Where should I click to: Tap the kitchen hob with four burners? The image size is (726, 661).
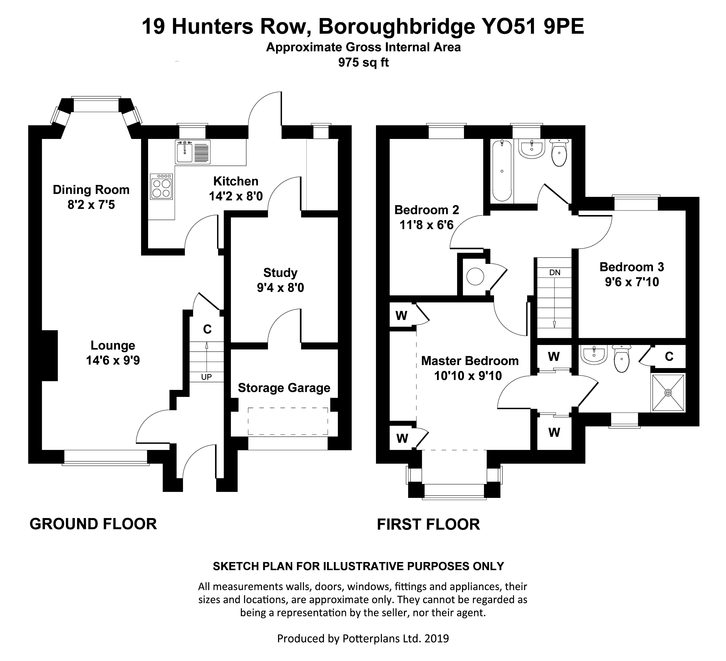tap(161, 187)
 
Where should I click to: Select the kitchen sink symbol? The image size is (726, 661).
tap(184, 152)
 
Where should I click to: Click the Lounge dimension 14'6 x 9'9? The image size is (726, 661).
tap(113, 360)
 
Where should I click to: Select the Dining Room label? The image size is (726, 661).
tap(91, 190)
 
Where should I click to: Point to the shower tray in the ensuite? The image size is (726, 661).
tap(668, 393)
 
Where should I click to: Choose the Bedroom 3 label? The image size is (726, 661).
tap(632, 267)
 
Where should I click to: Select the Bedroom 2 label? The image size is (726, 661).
tap(427, 210)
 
